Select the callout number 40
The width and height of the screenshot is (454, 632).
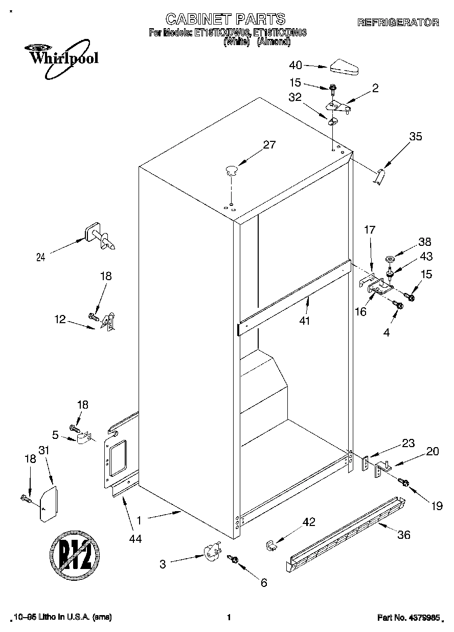(296, 65)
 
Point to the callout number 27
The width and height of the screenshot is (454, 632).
(269, 145)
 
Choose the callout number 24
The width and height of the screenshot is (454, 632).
(41, 258)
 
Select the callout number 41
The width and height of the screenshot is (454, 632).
(306, 321)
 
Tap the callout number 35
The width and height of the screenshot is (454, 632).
(416, 136)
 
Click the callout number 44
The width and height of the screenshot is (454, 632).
(135, 538)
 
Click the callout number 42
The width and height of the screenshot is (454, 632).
(308, 522)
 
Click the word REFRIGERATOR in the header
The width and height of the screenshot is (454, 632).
(397, 23)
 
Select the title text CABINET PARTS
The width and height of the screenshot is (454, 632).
(225, 19)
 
